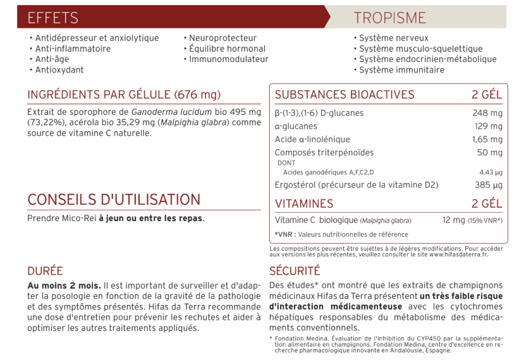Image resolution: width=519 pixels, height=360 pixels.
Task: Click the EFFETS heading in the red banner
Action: [52, 18]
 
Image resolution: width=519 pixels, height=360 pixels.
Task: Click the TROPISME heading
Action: [389, 18]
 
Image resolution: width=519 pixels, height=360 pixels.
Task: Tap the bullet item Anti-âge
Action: [52, 59]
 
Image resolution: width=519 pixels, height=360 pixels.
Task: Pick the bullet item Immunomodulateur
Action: [228, 59]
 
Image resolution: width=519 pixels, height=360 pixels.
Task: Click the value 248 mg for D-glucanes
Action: [487, 113]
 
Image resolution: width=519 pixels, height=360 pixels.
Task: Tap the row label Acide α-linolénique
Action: [312, 140]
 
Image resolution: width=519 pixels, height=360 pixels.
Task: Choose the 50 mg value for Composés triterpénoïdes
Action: [489, 153]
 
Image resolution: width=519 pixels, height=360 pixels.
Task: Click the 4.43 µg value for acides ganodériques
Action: [491, 172]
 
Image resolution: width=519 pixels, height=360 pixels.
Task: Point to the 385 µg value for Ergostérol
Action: [489, 185]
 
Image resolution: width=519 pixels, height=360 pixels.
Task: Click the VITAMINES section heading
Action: [304, 204]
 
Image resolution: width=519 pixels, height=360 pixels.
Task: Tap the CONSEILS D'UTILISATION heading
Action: [114, 200]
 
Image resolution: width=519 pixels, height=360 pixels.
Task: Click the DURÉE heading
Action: [45, 271]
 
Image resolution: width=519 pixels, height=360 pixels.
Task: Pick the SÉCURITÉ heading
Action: [295, 271]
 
